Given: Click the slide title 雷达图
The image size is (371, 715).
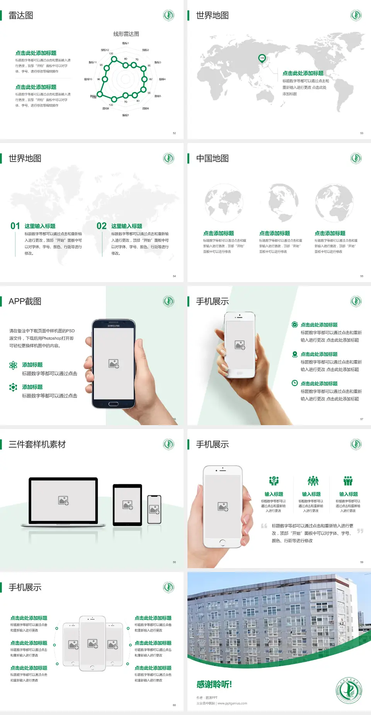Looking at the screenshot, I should pos(21,15).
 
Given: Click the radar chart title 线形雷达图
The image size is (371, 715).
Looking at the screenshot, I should pos(126,34).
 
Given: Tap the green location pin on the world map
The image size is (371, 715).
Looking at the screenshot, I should pos(262,58).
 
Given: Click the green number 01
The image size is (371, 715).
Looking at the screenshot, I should pos(15,226).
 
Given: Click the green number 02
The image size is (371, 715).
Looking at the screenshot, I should pos(102,226).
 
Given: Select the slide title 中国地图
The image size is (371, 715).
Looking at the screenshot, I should pos(212,158).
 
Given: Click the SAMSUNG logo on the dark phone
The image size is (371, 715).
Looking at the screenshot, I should pos(114,326).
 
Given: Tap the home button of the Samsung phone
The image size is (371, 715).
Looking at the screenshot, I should pos(113,404).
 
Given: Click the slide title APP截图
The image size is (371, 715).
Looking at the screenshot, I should pos(25,301).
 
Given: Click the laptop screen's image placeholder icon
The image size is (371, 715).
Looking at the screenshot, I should pos(63,500).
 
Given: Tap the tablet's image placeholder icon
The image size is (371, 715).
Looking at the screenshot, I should pos(128,505).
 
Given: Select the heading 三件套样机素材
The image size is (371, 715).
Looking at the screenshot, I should pos(37,444).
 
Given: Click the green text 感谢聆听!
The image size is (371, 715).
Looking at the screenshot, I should pos(214,684).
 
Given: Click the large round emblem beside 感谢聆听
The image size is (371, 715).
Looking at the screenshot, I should pos(349,690).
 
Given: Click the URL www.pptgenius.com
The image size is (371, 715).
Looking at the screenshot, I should pos(232,703).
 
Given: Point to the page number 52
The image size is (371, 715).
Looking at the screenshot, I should pos(174,133).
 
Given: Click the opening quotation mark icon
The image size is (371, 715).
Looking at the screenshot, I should pos(264,526).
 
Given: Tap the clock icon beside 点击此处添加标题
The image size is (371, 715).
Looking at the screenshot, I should pos(294,383).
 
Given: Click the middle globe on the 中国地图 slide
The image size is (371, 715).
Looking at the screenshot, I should pos(283,202).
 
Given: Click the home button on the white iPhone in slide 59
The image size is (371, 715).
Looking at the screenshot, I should pos(222,542).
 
